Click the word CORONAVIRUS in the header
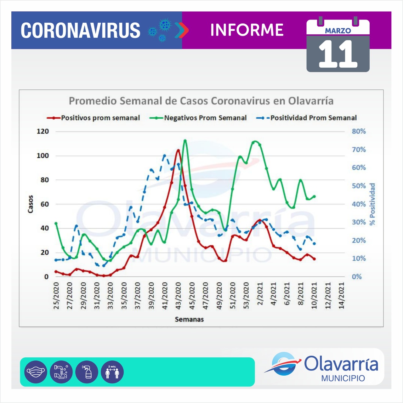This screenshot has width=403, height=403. point(81,30)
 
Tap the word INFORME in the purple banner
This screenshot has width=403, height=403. point(247,30)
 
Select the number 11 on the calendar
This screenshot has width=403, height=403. point(338,54)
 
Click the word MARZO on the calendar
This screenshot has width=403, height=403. point(338,31)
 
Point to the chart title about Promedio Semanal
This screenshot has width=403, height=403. point(201,101)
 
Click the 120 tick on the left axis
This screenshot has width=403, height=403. point(43,131)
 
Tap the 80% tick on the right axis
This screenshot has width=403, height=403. point(359,131)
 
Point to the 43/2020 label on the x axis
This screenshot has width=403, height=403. point(179,296)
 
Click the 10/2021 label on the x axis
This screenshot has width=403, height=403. point(314,296)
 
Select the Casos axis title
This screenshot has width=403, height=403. point(31,204)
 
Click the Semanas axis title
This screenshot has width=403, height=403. point(189,319)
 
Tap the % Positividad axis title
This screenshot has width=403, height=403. point(372,204)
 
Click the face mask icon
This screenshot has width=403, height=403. point(36,372)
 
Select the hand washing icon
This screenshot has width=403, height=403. point(61,372)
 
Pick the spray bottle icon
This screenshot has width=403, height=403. point(87,372)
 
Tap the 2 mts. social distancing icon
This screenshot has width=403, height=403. point(112,372)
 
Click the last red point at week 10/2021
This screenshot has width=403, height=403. point(314,259)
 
